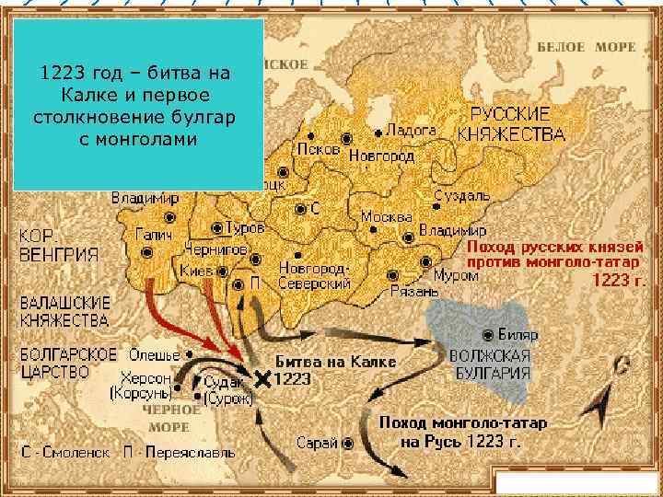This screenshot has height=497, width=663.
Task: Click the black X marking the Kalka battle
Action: pyautogui.click(x=263, y=378)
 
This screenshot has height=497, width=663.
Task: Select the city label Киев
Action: pyautogui.click(x=196, y=271)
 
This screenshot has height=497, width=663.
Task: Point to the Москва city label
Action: pyautogui.click(x=385, y=217)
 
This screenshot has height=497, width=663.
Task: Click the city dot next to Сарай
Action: pyautogui.click(x=348, y=443)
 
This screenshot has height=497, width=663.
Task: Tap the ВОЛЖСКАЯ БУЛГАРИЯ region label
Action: pyautogui.click(x=489, y=365)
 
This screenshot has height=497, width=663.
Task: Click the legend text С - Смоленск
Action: pyautogui.click(x=74, y=452)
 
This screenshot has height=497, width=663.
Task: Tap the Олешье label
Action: pyautogui.click(x=147, y=354)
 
